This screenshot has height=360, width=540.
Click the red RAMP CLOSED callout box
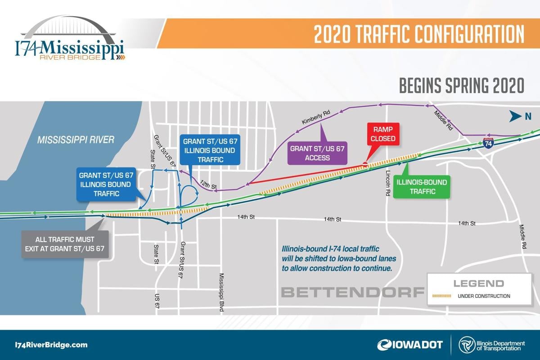pyautogui.click(x=383, y=134)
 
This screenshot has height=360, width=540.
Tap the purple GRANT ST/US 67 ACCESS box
pyautogui.click(x=317, y=153)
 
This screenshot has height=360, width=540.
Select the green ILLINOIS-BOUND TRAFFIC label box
pyautogui.click(x=422, y=187)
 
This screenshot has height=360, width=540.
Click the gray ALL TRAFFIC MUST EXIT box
pyautogui.click(x=65, y=244)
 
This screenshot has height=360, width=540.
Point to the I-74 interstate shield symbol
pyautogui.click(x=488, y=144)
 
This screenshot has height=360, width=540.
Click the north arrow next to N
pyautogui.click(x=515, y=116)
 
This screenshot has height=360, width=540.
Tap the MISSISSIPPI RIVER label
pyautogui.click(x=76, y=140)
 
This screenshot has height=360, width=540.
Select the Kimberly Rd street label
pyautogui.click(x=316, y=117)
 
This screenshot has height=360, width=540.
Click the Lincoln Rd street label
pyautogui.click(x=387, y=183)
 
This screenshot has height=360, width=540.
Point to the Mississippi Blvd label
pyautogui.click(x=222, y=292)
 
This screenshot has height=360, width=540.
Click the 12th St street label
pyautogui.click(x=208, y=184)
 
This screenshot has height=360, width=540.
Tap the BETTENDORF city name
pyautogui.click(x=353, y=292)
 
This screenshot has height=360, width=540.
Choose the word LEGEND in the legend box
pyautogui.click(x=479, y=283)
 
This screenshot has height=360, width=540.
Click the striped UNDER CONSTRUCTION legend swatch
pyautogui.click(x=441, y=296)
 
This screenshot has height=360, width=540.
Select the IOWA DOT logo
pyautogui.click(x=410, y=345)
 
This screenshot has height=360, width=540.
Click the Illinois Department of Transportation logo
pyautogui.click(x=492, y=345)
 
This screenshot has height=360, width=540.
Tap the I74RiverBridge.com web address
pyautogui.click(x=51, y=345)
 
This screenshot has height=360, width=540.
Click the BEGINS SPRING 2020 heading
pyautogui.click(x=462, y=85)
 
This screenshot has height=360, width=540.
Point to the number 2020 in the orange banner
pyautogui.click(x=332, y=34)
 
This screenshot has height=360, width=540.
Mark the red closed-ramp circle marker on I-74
pyautogui.click(x=365, y=164)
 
